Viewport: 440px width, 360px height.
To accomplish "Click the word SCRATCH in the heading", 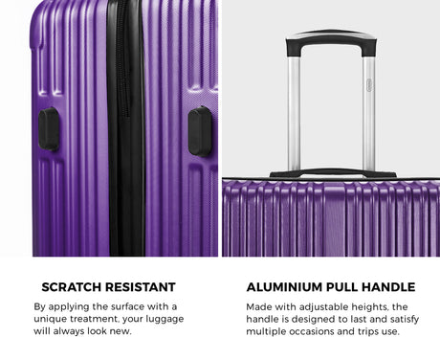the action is [x=70, y=287].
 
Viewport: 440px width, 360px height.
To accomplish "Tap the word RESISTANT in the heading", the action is [x=139, y=287].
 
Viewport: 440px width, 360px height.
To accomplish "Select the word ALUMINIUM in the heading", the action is [x=284, y=287].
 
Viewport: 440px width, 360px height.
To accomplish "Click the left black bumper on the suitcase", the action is [x=49, y=129].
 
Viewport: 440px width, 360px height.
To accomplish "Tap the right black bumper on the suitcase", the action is [x=200, y=131].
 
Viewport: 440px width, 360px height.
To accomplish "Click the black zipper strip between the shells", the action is [x=126, y=127].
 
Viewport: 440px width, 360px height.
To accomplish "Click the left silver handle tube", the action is [x=294, y=113].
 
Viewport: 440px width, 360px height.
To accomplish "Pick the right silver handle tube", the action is [x=368, y=113].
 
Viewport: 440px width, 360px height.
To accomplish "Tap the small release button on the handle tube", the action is [x=369, y=85].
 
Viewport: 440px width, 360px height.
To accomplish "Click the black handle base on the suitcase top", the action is [x=333, y=173].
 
